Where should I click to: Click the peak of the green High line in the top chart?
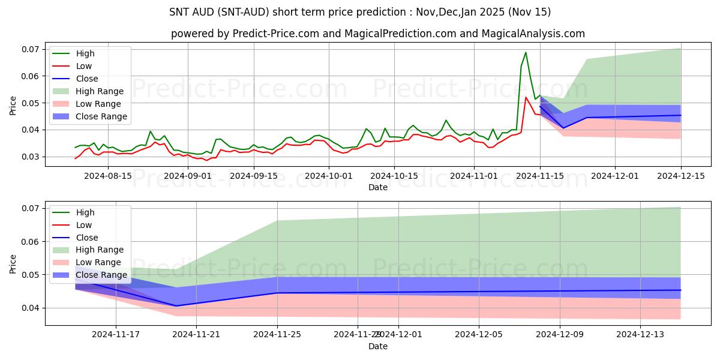pyautogui.click(x=526, y=52)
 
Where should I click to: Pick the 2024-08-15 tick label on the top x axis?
pyautogui.click(x=107, y=176)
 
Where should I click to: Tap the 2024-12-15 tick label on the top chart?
pyautogui.click(x=681, y=176)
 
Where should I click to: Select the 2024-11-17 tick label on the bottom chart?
pyautogui.click(x=116, y=335)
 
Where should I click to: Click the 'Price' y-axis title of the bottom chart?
pyautogui.click(x=13, y=263)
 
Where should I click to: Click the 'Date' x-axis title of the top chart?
pyautogui.click(x=378, y=187)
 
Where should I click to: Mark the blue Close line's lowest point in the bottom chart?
pyautogui.click(x=177, y=305)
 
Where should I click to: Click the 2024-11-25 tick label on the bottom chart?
pyautogui.click(x=278, y=335)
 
